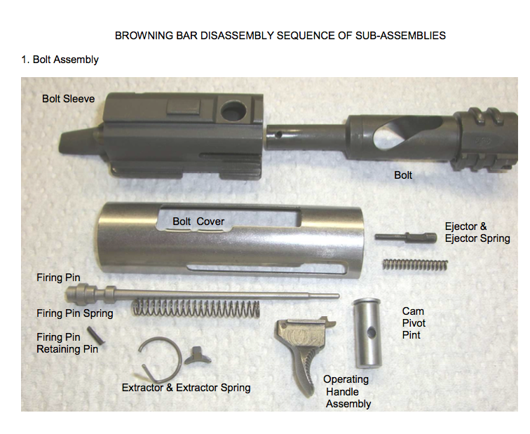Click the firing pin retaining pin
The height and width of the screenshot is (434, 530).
coord(95,335)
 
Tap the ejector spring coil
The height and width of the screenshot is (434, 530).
coord(416,264)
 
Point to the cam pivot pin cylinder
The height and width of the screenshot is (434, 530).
coord(367,333)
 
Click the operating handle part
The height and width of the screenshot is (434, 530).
coord(303,348)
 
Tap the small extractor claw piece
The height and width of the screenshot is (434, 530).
coord(197,356)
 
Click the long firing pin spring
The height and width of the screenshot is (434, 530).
coord(196,308)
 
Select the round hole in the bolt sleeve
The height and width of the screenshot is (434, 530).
coord(233,110)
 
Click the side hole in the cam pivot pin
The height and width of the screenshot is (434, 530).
coord(371,333)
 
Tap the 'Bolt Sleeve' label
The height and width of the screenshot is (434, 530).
coord(68,99)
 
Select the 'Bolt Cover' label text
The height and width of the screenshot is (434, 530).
coord(198,222)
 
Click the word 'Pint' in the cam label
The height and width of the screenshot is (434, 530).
coord(411,335)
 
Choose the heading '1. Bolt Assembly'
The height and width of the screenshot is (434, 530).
coord(60,60)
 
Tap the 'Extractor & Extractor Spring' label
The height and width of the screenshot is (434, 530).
coord(186,388)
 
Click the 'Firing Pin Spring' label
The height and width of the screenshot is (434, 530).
coord(75,313)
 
